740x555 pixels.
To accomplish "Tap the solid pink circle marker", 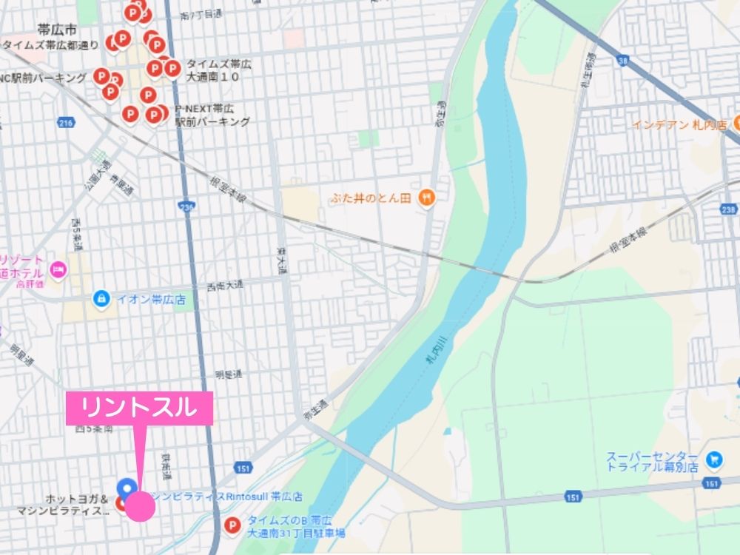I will [140, 507].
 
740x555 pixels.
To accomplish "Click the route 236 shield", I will [187, 208].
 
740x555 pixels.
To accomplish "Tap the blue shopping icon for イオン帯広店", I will [99, 299].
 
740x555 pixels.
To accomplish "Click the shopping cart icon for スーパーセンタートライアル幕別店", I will [714, 460].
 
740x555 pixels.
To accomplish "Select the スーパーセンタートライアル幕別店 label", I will [652, 462].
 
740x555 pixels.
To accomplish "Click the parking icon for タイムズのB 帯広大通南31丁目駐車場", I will [232, 526].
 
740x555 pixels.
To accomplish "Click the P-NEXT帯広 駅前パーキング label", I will [212, 115].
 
